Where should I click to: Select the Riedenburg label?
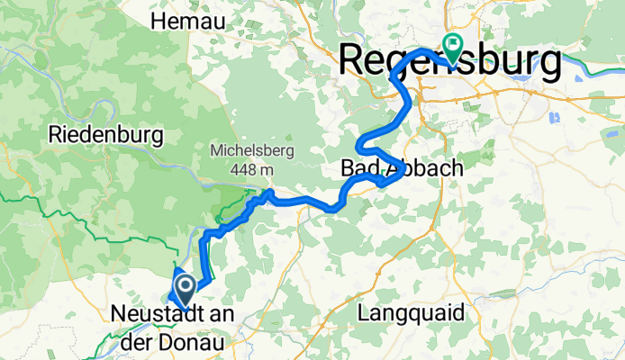pyautogui.click(x=106, y=136)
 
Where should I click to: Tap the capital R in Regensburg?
pyautogui.click(x=350, y=62)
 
